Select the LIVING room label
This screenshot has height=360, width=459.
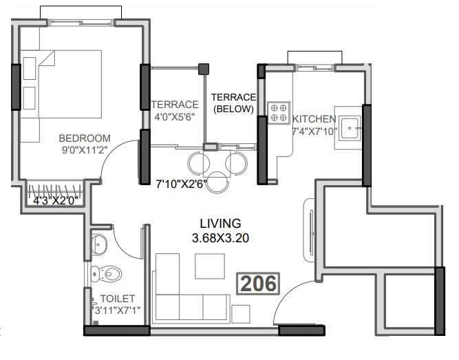(x=220, y=224)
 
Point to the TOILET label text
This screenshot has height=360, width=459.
(x=118, y=299)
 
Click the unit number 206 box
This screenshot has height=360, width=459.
(x=259, y=283)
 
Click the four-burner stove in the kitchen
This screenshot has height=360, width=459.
(x=278, y=113)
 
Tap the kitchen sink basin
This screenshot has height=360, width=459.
(x=351, y=126)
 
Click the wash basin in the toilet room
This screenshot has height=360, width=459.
(x=99, y=242)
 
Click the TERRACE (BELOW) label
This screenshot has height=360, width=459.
(x=233, y=103)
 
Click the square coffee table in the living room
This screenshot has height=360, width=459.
(x=210, y=266)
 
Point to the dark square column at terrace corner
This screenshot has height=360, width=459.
(x=203, y=69)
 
